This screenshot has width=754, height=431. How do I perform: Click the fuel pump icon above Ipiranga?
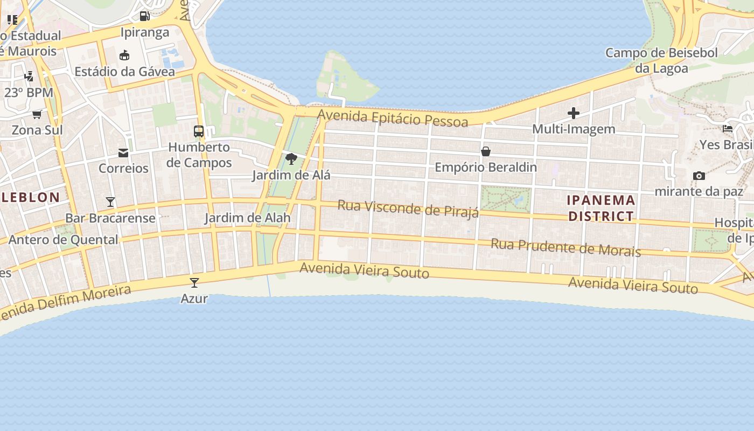coord(144,16)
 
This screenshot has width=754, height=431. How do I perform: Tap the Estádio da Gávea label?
coord(124,72)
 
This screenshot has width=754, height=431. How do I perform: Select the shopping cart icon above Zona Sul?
coord(37,114)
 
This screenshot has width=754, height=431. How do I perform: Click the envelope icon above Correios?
coord(123,153)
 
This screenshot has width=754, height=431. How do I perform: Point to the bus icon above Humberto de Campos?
coord(199,131)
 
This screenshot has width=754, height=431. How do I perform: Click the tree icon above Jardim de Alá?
coord(291,159)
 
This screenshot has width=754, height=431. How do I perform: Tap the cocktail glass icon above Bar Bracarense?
coord(110,202)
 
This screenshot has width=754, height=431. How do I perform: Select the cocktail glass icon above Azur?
coord(194,282)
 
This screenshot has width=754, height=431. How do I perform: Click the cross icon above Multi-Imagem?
coord(574,113)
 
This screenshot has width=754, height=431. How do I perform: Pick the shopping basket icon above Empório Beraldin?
coord(486,151)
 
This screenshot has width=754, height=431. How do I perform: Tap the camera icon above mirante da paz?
coord(699,176)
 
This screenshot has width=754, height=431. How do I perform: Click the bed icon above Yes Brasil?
coord(728,129)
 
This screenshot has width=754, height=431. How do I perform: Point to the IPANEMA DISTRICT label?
coord(601,208)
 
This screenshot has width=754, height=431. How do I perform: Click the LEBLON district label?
coord(31,197)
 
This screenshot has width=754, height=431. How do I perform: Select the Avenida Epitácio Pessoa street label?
coord(393,118)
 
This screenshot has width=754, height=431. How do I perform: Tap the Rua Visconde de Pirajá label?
coord(408,208)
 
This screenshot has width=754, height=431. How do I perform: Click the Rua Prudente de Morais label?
coord(565,247)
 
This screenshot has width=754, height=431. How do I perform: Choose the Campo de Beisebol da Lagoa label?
coord(661,60)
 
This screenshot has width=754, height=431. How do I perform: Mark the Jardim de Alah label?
coord(247,218)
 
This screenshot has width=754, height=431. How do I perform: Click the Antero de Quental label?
coord(64,240)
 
